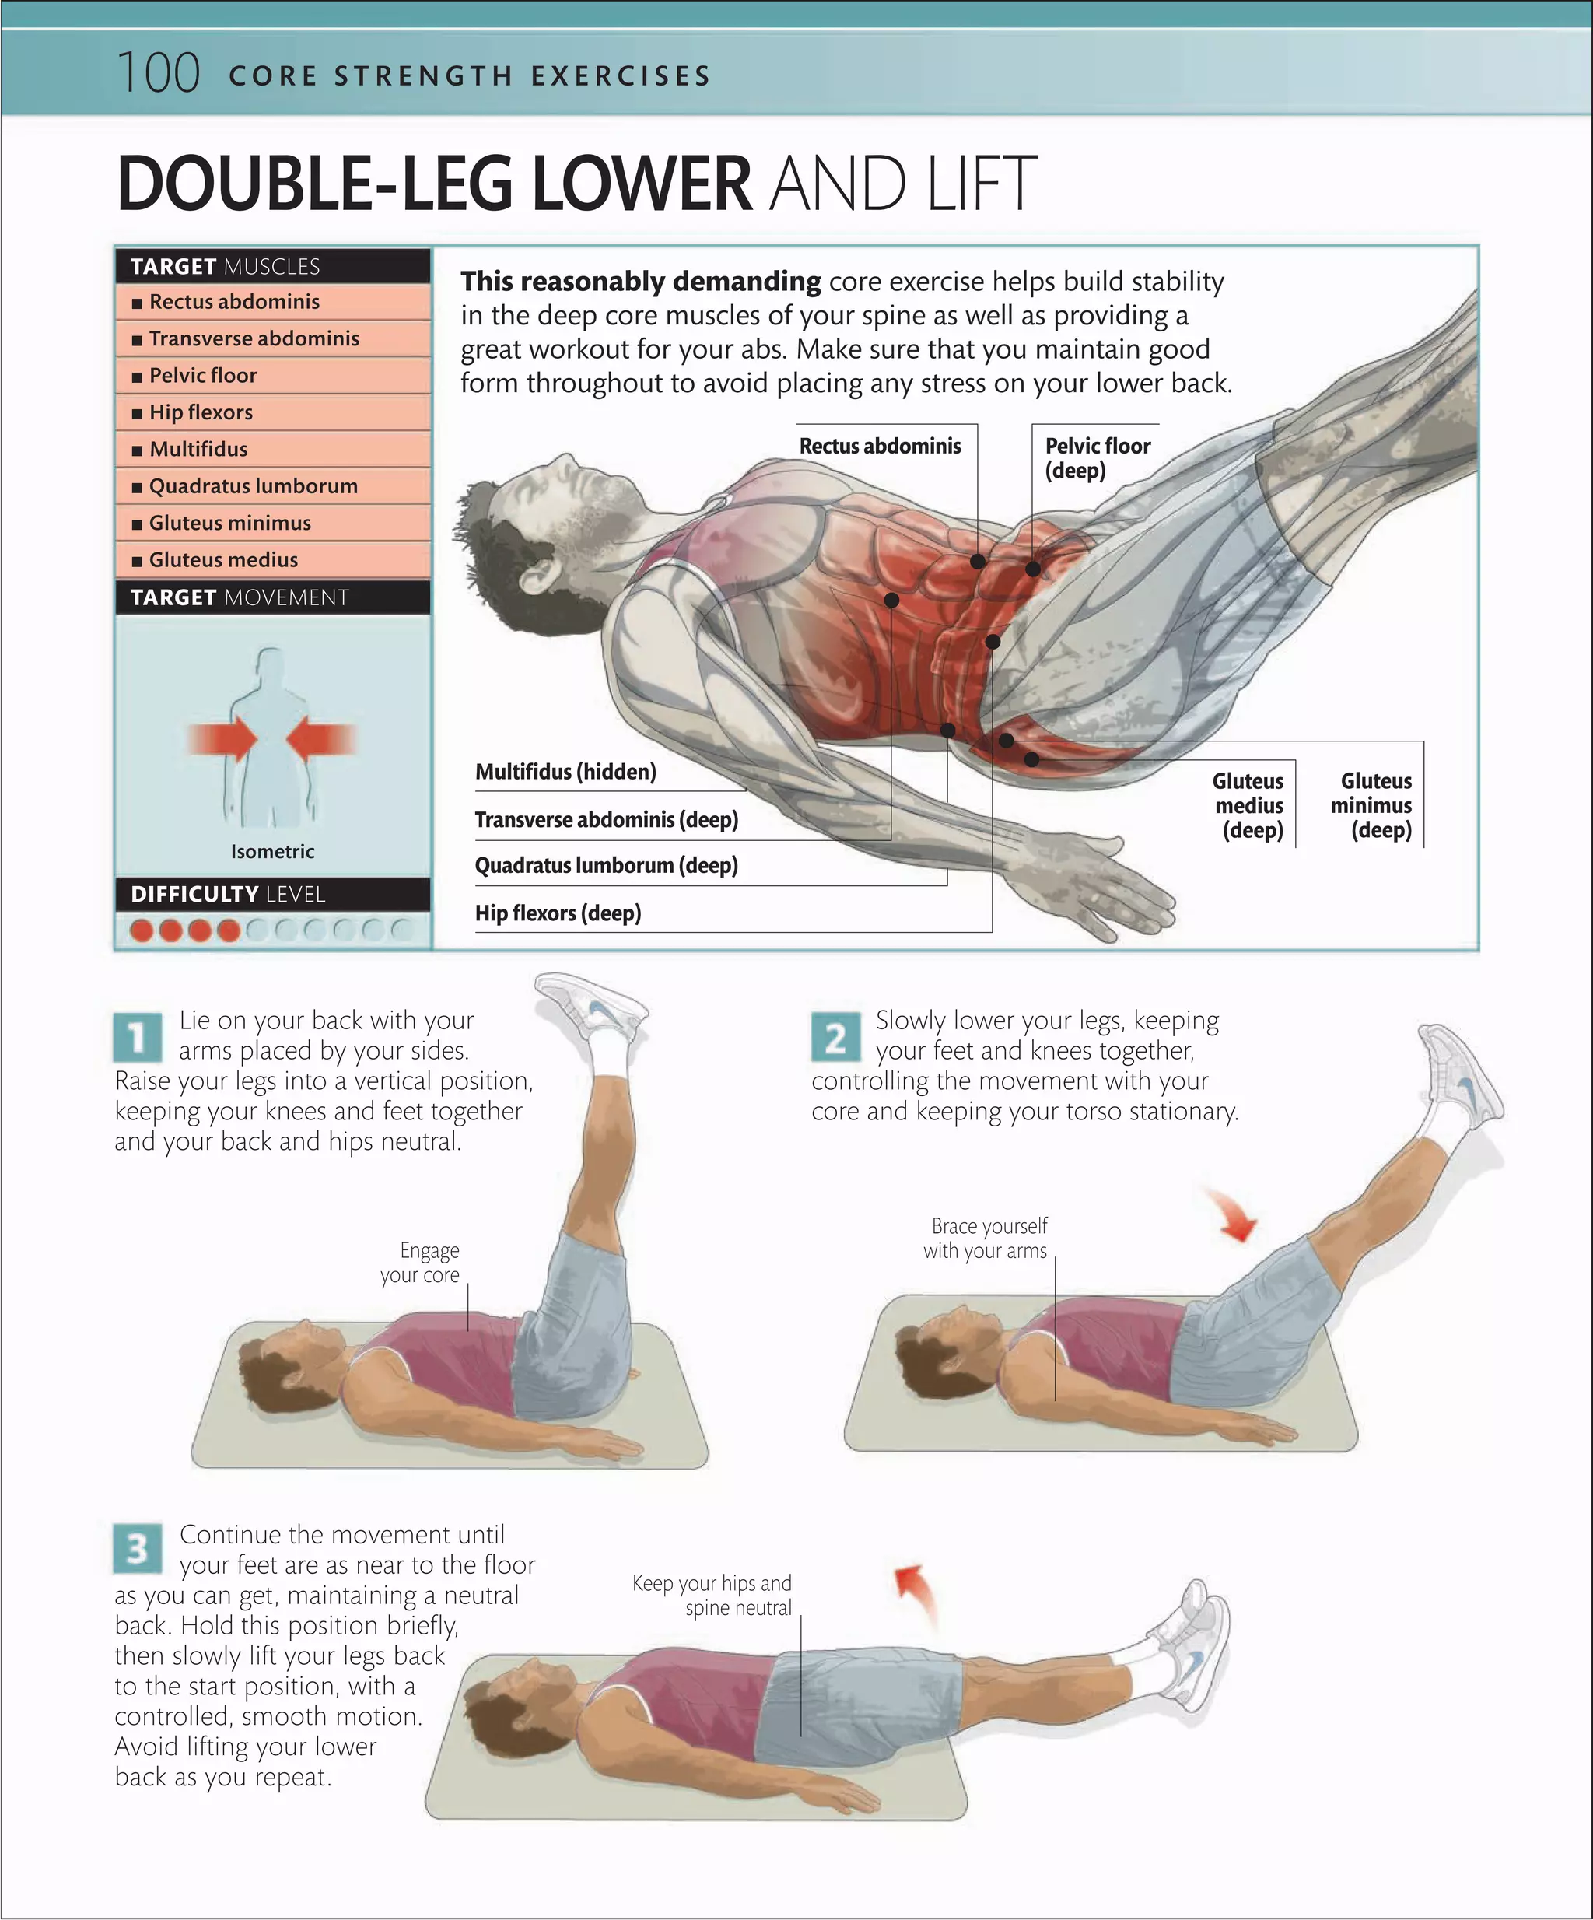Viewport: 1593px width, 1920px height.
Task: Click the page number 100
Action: [x=158, y=73]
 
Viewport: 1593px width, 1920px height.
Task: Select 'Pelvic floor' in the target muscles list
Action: [x=202, y=376]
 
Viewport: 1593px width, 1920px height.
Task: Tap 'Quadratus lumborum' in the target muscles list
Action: [x=252, y=486]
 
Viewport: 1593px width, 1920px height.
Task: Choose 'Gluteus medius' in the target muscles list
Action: [x=223, y=560]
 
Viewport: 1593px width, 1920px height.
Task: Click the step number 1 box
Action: [x=138, y=1038]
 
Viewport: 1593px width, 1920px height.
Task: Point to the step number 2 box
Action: [x=835, y=1038]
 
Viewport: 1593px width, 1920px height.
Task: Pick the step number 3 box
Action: [x=138, y=1549]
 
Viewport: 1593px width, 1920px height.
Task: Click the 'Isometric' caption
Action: [x=272, y=852]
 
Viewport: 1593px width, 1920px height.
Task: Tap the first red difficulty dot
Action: [x=142, y=930]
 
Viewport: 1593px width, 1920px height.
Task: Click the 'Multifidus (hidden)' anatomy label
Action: [x=565, y=773]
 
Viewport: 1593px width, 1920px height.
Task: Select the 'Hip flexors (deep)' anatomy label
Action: [x=558, y=913]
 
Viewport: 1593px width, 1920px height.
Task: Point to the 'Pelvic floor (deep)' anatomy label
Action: [x=1097, y=458]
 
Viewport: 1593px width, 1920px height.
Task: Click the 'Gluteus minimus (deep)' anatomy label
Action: [x=1373, y=805]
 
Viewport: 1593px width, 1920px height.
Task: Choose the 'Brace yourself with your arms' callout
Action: [x=986, y=1238]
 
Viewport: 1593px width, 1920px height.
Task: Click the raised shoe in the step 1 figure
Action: [x=591, y=1006]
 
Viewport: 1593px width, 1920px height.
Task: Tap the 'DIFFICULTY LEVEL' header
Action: [x=228, y=894]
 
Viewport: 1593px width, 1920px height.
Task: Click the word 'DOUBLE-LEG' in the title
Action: [x=315, y=184]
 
